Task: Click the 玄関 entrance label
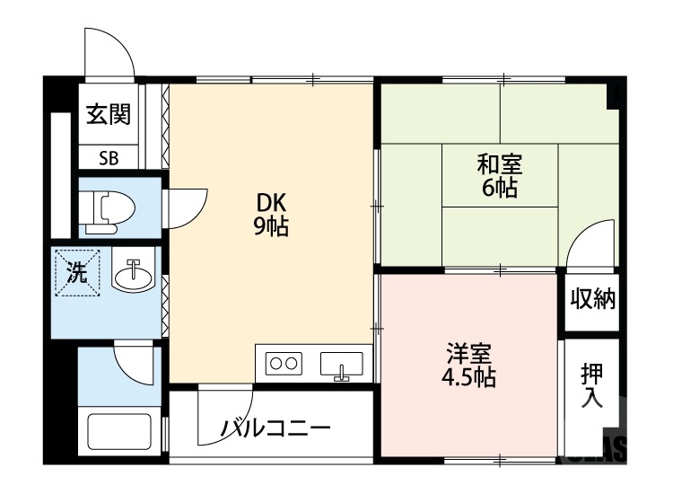pyautogui.click(x=109, y=114)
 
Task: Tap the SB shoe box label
pyautogui.click(x=109, y=158)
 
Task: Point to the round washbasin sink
pyautogui.click(x=133, y=273)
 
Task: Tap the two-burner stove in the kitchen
pyautogui.click(x=284, y=365)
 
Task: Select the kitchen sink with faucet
pyautogui.click(x=340, y=366)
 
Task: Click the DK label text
pyautogui.click(x=271, y=203)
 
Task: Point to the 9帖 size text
pyautogui.click(x=271, y=226)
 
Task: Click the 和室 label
pyautogui.click(x=499, y=165)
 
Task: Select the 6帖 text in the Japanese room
pyautogui.click(x=499, y=189)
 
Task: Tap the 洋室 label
pyautogui.click(x=470, y=350)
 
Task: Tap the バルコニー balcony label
pyautogui.click(x=276, y=428)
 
